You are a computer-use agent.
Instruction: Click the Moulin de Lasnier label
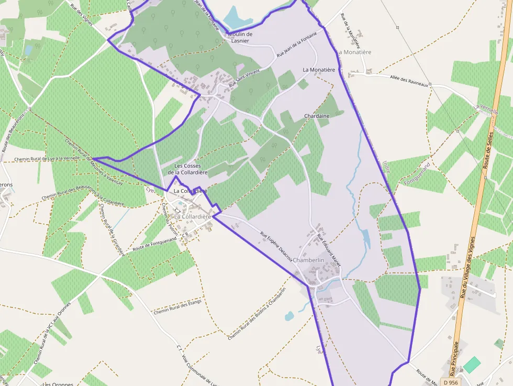pos(240,37)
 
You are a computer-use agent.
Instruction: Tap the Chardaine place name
pos(317,116)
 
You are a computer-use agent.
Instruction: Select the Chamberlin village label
pos(309,260)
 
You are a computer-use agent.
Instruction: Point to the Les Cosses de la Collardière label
pos(187,169)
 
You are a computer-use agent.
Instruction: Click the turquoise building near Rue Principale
pos(472,365)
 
